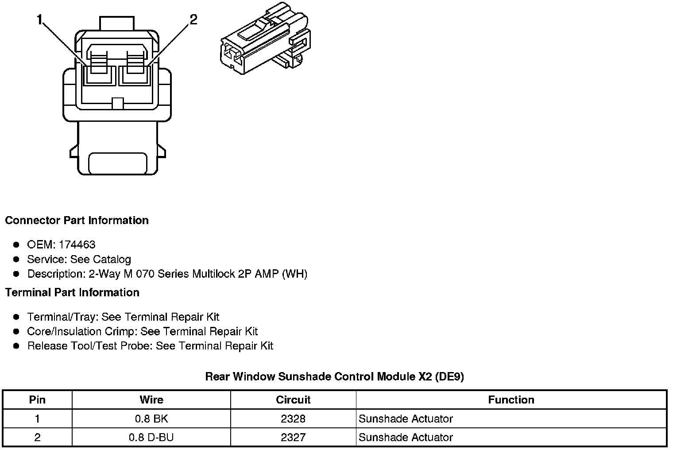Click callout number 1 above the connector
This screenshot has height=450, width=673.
40,20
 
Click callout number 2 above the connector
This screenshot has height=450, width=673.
193,20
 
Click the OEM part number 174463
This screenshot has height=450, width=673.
77,244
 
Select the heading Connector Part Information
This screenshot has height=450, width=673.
77,221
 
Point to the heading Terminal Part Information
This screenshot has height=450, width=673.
72,293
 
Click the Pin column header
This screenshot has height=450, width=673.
37,400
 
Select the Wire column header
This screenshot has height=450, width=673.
151,400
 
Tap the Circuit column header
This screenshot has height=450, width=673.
293,400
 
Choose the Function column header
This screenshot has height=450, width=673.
511,400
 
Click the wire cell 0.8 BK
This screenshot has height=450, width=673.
151,419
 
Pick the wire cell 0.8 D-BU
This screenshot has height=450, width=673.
151,438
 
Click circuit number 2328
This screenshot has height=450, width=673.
293,419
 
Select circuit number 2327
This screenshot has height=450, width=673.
293,438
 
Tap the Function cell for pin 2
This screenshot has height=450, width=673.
406,438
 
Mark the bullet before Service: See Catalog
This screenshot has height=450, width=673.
16,259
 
